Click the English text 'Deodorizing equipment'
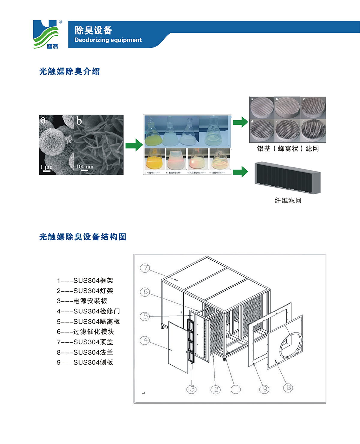108,40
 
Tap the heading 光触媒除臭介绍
70,71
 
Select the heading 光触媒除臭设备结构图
83,237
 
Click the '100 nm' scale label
84,166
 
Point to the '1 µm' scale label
46,167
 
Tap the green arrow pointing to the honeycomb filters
240,122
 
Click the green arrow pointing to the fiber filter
240,172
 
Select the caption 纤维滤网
288,200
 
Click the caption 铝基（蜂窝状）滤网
288,148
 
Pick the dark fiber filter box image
287,178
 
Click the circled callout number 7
145,268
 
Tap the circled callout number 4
145,340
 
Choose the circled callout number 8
288,387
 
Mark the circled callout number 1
236,389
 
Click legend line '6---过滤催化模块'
85,331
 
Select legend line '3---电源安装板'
82,301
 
